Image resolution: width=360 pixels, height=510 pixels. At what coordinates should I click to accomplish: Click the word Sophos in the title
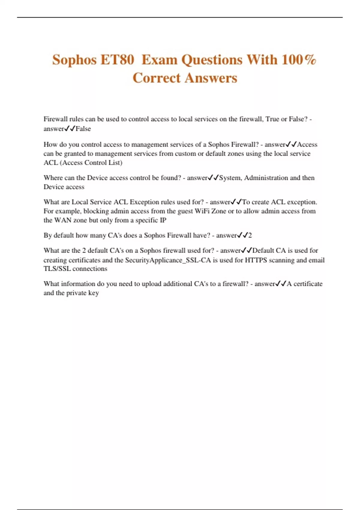tap(74, 60)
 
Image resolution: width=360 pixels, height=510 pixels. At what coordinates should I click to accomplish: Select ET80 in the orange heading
tap(117, 60)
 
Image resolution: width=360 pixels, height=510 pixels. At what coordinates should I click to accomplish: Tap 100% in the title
tap(299, 60)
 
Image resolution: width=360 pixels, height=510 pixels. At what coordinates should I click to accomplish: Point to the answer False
tap(83, 129)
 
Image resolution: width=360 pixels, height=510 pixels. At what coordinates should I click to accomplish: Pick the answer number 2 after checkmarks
tap(250, 235)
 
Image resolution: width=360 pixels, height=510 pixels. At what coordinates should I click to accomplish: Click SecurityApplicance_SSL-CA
tap(168, 260)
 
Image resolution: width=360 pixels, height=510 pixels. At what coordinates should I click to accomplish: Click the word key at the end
tap(93, 293)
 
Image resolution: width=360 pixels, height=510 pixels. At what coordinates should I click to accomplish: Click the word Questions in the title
tap(212, 60)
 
